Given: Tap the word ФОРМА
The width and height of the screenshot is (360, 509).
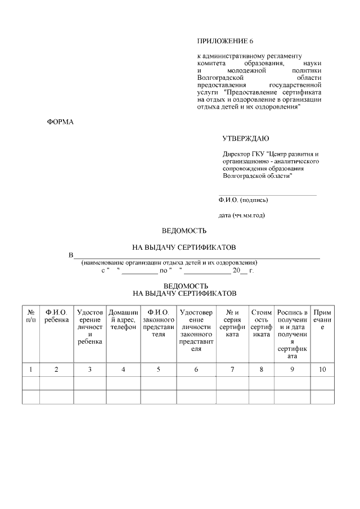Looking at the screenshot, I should click(60, 121).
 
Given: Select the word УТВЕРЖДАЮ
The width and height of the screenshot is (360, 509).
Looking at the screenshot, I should click(246, 138).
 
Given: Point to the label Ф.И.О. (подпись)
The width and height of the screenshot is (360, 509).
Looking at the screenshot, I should click(243, 200).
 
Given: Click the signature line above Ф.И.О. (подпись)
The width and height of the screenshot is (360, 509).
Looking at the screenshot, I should click(267, 195).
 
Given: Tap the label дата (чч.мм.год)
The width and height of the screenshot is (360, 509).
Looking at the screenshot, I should click(241, 215).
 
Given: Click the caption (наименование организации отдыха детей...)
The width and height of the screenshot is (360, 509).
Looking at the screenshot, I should click(169, 263).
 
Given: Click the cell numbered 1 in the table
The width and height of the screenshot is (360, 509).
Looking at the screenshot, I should click(30, 370).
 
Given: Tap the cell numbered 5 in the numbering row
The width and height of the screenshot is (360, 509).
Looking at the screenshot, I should click(158, 370).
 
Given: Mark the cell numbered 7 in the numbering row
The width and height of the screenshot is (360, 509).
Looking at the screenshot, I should click(233, 370).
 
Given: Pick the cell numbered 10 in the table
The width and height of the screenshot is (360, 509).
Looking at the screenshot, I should click(322, 370).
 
